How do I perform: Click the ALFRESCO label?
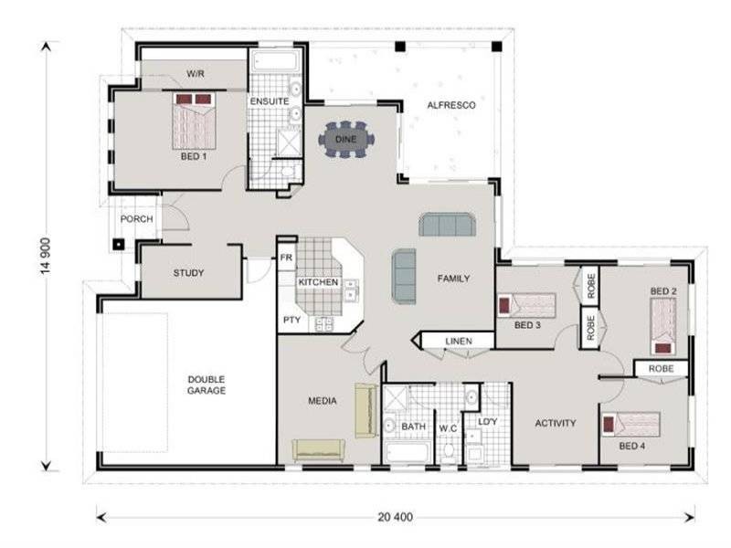(451, 106)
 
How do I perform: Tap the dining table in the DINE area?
(346, 140)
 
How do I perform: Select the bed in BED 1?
(194, 124)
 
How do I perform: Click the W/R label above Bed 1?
(195, 73)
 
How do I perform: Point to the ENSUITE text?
(270, 100)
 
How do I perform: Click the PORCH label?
(136, 218)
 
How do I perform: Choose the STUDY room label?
(188, 273)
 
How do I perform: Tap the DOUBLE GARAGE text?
(207, 385)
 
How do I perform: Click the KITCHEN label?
(318, 283)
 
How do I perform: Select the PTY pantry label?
(291, 320)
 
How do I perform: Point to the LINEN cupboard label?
(458, 342)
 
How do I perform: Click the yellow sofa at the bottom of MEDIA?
(318, 450)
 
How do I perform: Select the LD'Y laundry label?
(486, 421)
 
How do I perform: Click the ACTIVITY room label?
(555, 423)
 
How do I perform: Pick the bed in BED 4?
(630, 424)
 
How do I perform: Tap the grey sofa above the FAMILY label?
(447, 225)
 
